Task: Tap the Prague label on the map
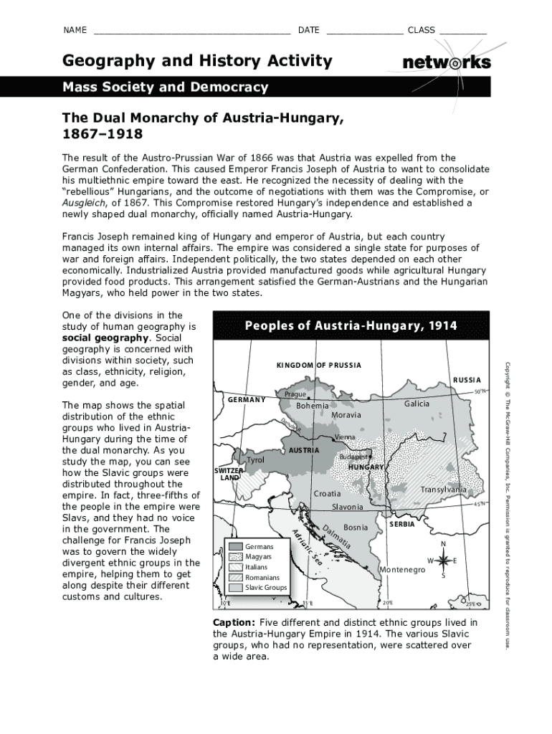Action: click(295, 394)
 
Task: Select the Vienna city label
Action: click(346, 437)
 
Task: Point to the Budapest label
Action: click(356, 456)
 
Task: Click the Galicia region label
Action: click(417, 404)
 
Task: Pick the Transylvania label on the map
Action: click(443, 490)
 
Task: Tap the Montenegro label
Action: click(402, 569)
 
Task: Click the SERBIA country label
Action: click(401, 524)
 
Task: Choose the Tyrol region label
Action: click(256, 459)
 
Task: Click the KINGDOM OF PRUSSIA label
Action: click(318, 366)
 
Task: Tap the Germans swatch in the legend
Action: click(236, 546)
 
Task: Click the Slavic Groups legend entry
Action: click(265, 588)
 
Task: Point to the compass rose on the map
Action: click(442, 560)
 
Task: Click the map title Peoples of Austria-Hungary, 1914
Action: click(351, 326)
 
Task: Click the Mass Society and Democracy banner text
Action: click(165, 87)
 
